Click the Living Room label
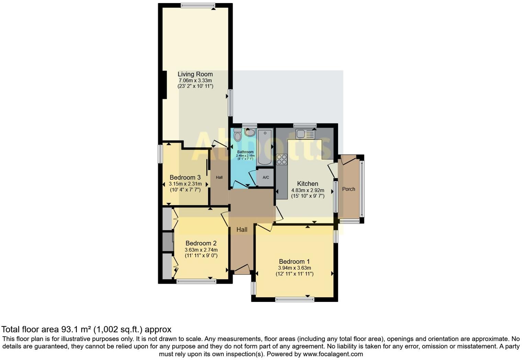tap(195, 74)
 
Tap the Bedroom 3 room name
tap(185, 178)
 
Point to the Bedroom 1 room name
tap(294, 262)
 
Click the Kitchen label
tap(307, 184)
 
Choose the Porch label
tap(349, 189)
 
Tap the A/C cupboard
tap(266, 178)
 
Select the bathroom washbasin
tap(250, 132)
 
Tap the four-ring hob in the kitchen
tap(282, 159)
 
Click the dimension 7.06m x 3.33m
tap(195, 81)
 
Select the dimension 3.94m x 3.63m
tap(294, 268)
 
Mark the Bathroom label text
tap(245, 152)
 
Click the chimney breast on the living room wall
tap(164, 85)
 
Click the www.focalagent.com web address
tap(333, 354)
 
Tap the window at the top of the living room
tap(198, 5)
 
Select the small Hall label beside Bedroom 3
tap(219, 178)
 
